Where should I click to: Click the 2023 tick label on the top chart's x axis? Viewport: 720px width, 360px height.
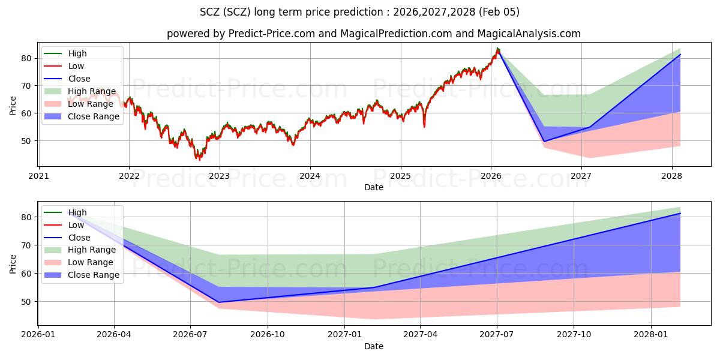[219, 176]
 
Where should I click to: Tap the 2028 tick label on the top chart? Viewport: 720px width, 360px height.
[671, 176]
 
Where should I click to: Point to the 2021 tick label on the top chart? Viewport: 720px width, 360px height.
[38, 176]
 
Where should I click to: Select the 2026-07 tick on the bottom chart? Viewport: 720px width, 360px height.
[190, 335]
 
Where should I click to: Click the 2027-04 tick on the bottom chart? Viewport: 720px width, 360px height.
[420, 335]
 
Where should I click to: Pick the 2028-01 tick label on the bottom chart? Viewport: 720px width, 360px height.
[651, 335]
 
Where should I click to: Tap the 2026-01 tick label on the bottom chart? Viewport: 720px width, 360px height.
[38, 335]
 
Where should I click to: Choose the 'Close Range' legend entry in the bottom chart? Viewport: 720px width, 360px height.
[94, 275]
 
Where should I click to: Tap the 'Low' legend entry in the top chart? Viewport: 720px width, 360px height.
[76, 66]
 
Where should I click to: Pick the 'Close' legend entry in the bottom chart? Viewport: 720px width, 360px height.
[79, 238]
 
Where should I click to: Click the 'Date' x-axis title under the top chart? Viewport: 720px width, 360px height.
[373, 187]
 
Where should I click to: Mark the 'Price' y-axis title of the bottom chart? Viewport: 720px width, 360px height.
[13, 263]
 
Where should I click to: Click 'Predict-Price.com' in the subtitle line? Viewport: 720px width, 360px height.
[272, 34]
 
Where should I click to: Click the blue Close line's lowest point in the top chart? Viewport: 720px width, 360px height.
[544, 142]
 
